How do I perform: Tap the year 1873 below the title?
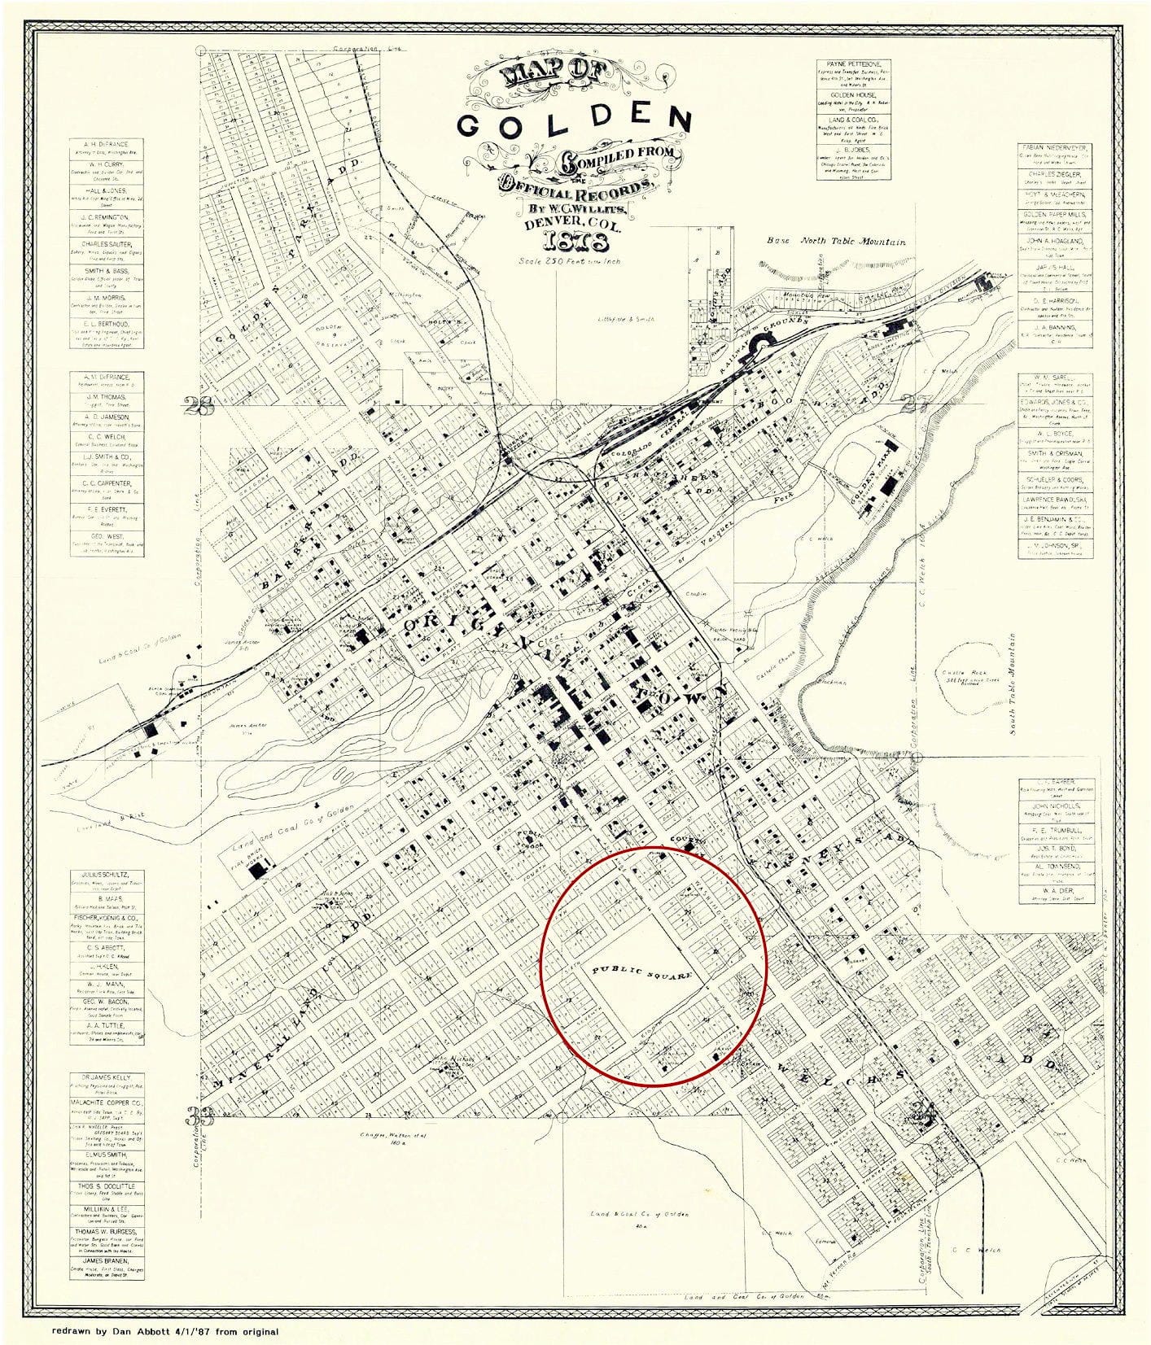pyautogui.click(x=574, y=242)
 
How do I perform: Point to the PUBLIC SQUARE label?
pyautogui.click(x=642, y=972)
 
